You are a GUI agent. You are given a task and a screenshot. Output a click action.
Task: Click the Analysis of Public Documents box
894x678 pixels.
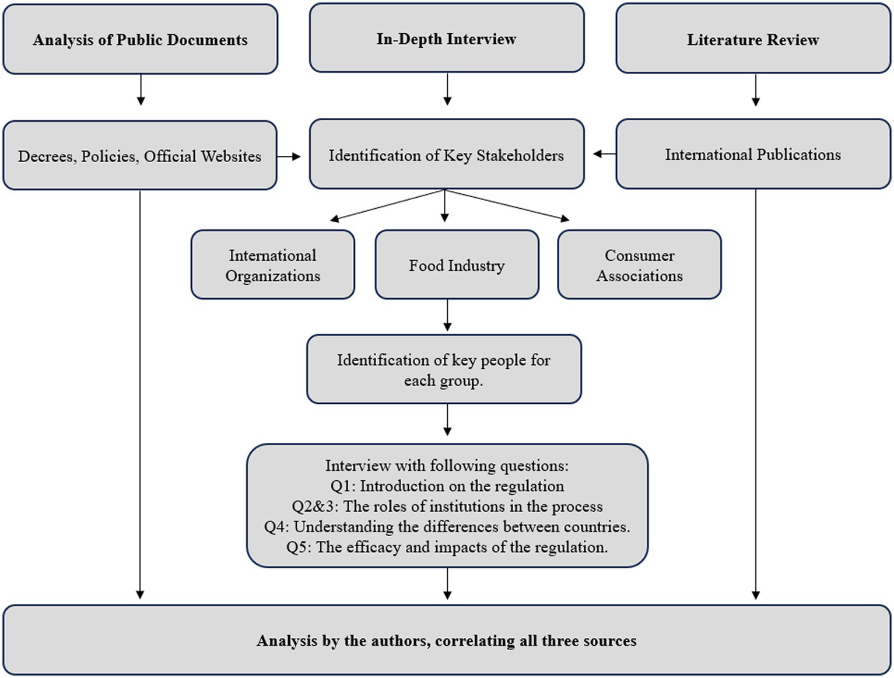click(140, 39)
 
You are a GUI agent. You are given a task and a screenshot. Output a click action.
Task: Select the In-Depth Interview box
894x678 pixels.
click(446, 39)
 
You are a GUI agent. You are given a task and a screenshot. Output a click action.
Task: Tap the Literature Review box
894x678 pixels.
click(753, 39)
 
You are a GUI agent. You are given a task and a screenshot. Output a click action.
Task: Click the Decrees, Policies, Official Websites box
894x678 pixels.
click(139, 156)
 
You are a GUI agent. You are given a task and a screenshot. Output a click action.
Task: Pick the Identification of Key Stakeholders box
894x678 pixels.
click(446, 155)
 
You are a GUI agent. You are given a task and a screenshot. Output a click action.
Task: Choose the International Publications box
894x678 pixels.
click(753, 155)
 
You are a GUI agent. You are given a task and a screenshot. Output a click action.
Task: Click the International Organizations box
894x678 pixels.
click(272, 265)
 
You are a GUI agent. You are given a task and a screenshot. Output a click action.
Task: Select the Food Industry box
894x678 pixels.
click(457, 265)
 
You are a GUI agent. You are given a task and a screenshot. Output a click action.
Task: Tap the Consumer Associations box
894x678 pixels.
click(639, 265)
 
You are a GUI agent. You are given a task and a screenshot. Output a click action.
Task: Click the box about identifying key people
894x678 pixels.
click(444, 369)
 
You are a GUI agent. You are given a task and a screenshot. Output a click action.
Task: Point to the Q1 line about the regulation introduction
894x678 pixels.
click(447, 486)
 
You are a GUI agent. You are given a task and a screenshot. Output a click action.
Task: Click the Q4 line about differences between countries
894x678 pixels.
click(447, 527)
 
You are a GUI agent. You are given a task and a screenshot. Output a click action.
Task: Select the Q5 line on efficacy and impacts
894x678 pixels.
click(447, 547)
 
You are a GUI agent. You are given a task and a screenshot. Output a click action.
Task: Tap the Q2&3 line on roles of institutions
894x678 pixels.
click(447, 506)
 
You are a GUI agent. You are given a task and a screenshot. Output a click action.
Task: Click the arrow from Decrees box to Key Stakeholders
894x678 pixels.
click(289, 156)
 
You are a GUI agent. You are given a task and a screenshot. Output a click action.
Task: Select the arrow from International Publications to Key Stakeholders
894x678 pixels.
click(604, 154)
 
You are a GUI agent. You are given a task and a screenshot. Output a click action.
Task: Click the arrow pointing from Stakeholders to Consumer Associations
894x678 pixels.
click(507, 205)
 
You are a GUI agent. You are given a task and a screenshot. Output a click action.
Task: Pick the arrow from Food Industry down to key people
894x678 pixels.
click(447, 316)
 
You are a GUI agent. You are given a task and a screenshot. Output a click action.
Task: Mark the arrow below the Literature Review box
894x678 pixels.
click(756, 90)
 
